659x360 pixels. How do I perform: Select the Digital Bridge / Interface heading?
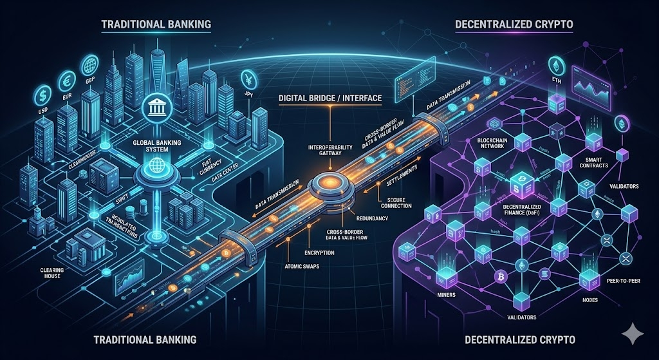coord(330,99)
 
